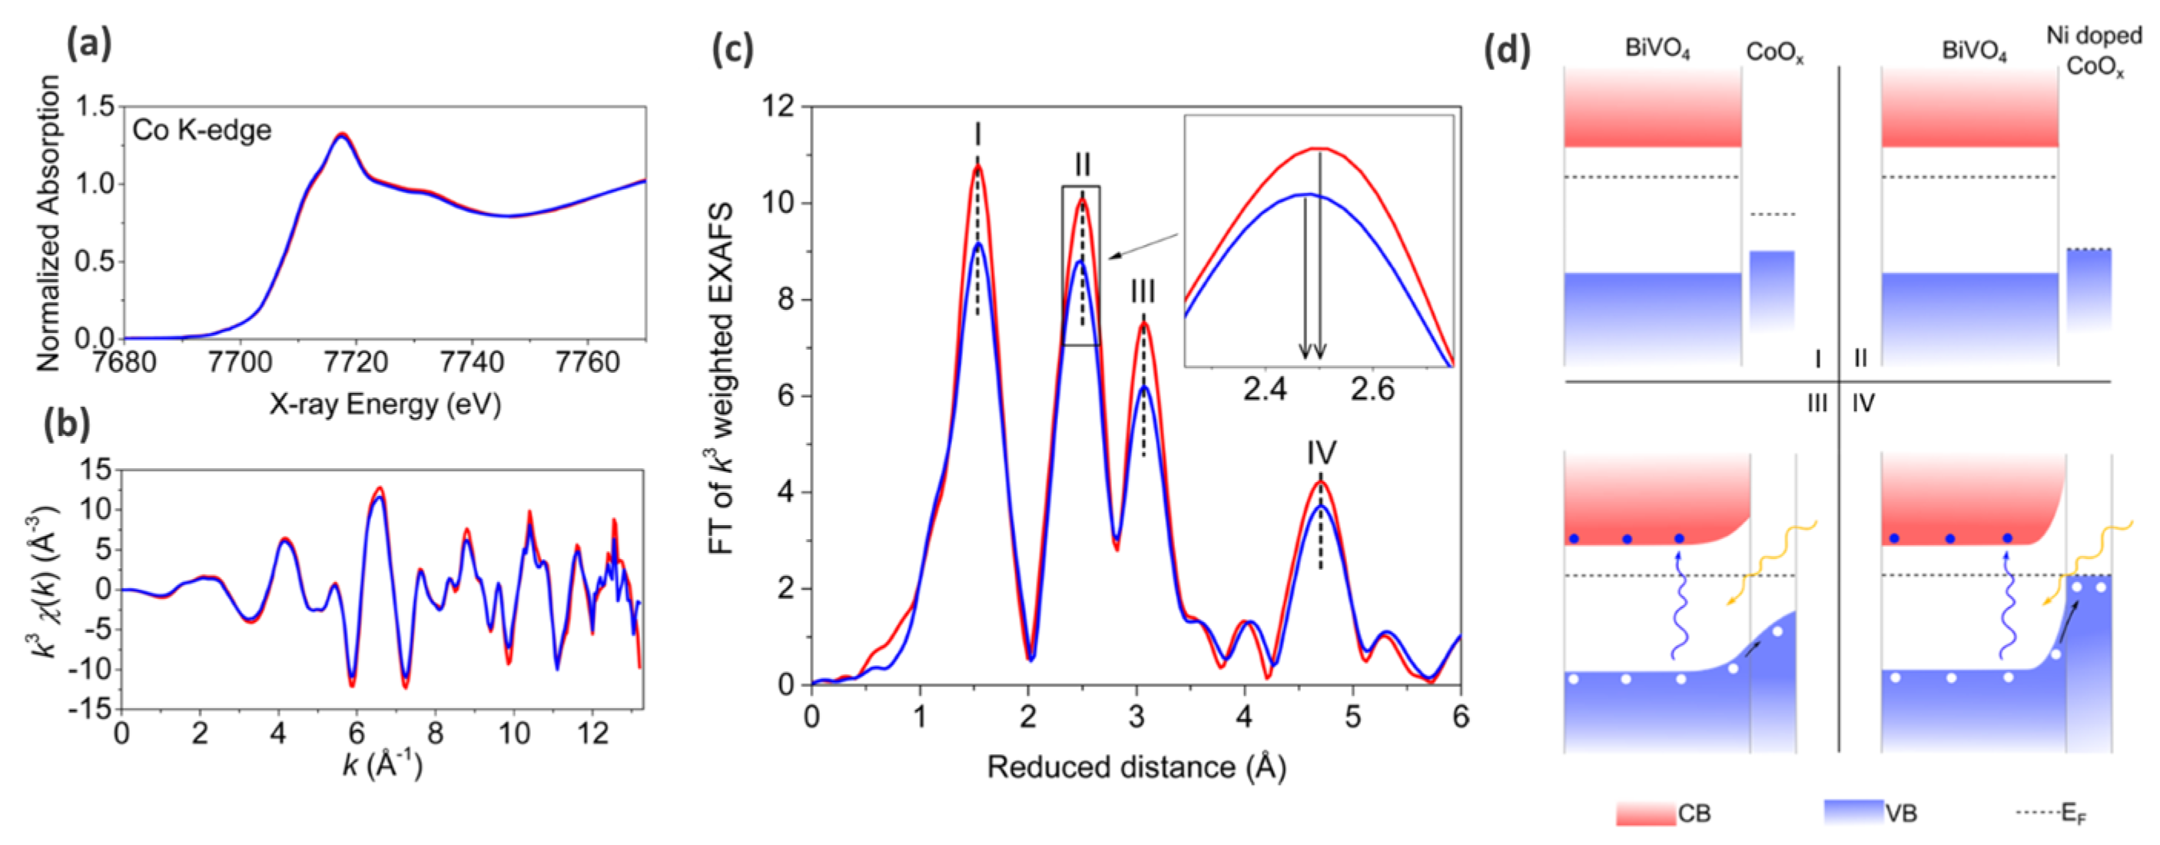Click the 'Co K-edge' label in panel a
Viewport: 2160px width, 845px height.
[201, 131]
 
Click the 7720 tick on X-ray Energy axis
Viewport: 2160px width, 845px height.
[356, 362]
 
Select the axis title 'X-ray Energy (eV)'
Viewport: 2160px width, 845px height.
[385, 404]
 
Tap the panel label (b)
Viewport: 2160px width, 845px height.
[67, 424]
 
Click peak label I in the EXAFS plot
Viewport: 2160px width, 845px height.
[977, 135]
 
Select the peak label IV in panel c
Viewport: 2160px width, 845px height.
[1321, 453]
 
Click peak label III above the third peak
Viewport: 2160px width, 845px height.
[1142, 292]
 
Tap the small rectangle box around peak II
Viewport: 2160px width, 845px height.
[1081, 265]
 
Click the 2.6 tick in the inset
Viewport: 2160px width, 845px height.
[1372, 390]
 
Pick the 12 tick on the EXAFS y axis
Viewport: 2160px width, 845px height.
[778, 107]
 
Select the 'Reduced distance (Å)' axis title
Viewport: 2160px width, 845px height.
[1136, 767]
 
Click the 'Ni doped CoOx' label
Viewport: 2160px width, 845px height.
[2094, 50]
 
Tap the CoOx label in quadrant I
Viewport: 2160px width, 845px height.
[1774, 53]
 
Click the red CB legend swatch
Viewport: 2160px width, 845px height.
[1645, 813]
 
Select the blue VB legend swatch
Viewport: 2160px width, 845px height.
[1853, 811]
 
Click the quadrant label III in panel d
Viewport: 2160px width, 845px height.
[1817, 404]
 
